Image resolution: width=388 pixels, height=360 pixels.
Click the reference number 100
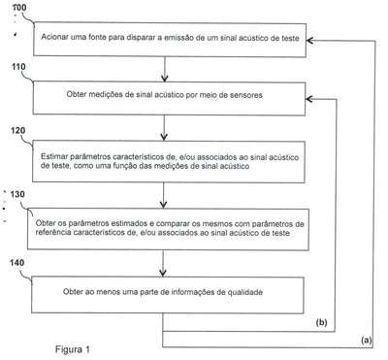[19, 7]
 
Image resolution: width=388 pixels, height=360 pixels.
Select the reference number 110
[18, 67]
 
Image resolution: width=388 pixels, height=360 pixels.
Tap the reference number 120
[18, 130]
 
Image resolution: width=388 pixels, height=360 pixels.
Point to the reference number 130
[17, 194]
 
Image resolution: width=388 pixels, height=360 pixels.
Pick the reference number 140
[16, 263]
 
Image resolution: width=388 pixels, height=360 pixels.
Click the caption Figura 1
[73, 349]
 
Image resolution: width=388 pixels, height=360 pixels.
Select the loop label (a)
[367, 340]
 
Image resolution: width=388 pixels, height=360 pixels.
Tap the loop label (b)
[321, 322]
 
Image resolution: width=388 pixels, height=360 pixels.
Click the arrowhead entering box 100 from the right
[309, 41]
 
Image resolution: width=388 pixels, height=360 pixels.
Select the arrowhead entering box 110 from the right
[308, 99]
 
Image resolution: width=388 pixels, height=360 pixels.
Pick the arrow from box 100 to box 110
[165, 69]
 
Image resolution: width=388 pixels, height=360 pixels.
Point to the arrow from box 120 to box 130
[164, 195]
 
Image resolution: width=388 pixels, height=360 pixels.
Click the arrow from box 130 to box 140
[163, 263]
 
